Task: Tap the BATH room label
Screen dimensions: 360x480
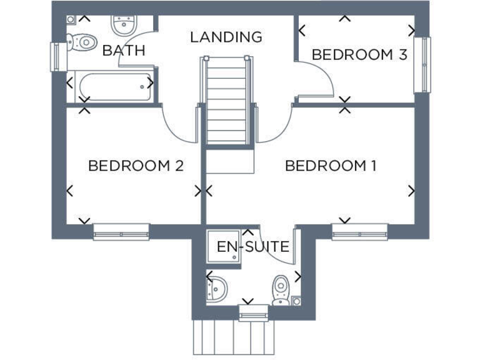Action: click(x=123, y=51)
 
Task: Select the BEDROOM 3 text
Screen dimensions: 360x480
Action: click(x=359, y=55)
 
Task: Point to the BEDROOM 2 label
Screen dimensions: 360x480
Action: click(x=136, y=166)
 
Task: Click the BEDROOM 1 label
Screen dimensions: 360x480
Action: click(x=331, y=166)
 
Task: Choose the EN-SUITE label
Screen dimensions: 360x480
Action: click(x=253, y=247)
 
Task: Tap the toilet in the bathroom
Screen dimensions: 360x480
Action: click(x=80, y=41)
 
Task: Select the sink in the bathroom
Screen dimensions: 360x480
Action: click(x=124, y=26)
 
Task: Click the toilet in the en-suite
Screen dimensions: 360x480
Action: click(x=280, y=289)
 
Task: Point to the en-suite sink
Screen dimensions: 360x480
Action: click(x=218, y=289)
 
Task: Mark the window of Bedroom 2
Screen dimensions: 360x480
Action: click(x=121, y=232)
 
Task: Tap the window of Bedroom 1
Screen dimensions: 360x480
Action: click(x=359, y=232)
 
